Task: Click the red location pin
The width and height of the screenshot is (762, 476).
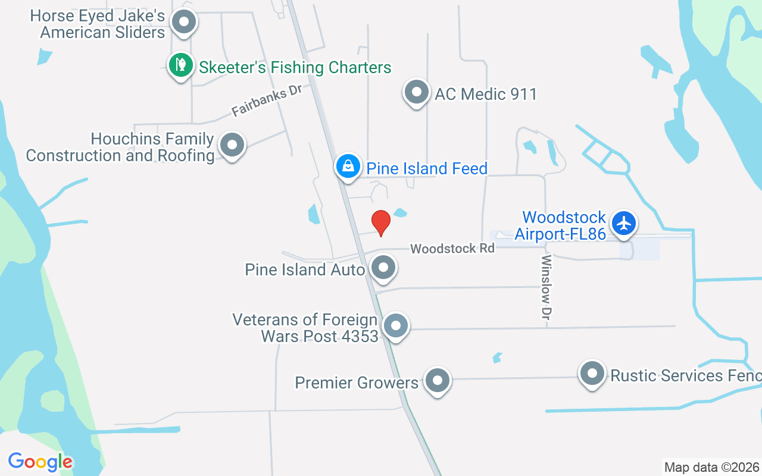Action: pyautogui.click(x=381, y=223)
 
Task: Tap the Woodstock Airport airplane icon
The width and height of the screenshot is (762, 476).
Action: pyautogui.click(x=624, y=224)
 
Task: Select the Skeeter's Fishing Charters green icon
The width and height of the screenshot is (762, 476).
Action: pyautogui.click(x=180, y=64)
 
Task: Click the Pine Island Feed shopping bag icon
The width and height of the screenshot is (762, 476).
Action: pyautogui.click(x=347, y=166)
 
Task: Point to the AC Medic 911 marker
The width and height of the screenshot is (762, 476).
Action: pyautogui.click(x=416, y=92)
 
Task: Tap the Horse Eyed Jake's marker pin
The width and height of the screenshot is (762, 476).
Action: pyautogui.click(x=184, y=23)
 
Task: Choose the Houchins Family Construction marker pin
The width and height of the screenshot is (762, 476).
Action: pyautogui.click(x=232, y=145)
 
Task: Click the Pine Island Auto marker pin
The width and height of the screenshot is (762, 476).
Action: pyautogui.click(x=384, y=267)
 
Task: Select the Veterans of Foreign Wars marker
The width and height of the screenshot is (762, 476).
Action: pyautogui.click(x=395, y=325)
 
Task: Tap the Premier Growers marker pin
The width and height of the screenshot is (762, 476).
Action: pyautogui.click(x=438, y=380)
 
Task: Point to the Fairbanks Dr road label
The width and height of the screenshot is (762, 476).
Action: pyautogui.click(x=267, y=101)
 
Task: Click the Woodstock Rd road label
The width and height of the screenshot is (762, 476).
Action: pyautogui.click(x=452, y=248)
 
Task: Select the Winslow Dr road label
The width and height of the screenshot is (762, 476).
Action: pyautogui.click(x=546, y=288)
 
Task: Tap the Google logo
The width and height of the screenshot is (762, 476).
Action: pyautogui.click(x=40, y=462)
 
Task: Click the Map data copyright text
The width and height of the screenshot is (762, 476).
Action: pyautogui.click(x=711, y=467)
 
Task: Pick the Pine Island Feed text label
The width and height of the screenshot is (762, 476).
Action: pyautogui.click(x=427, y=168)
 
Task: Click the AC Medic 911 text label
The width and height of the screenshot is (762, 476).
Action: pyautogui.click(x=486, y=94)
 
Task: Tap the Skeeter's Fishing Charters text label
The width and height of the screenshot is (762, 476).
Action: pyautogui.click(x=295, y=67)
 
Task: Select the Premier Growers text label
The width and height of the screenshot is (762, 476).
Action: pyautogui.click(x=357, y=382)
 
